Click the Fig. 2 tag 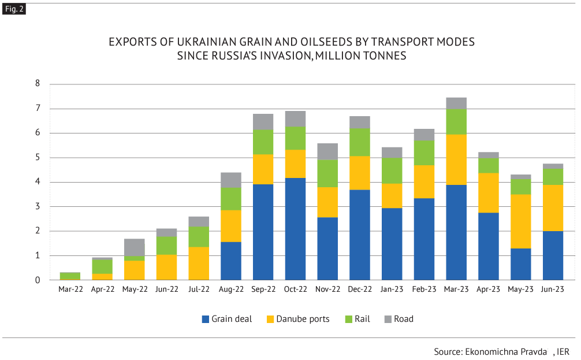[13, 9]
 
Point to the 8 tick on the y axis [38, 84]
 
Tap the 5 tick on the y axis [38, 158]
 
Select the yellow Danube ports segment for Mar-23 [456, 159]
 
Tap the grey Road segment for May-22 [135, 247]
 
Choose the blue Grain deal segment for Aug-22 [231, 261]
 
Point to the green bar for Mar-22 [70, 276]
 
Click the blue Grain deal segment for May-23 [520, 264]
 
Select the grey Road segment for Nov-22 [327, 151]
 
